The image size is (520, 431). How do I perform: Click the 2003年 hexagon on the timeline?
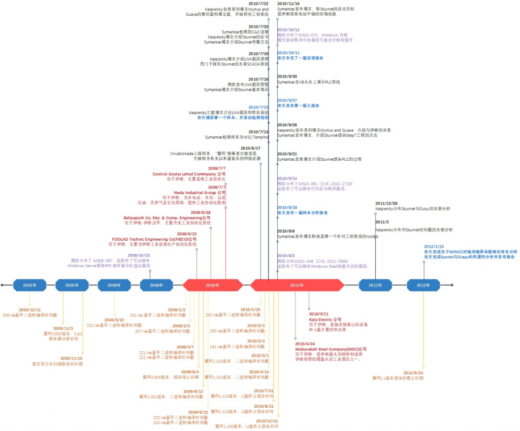point(29,285)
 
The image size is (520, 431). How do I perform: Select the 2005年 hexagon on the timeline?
point(72,285)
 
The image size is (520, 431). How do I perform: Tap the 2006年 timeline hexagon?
point(114,285)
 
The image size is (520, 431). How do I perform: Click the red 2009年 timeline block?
point(212,285)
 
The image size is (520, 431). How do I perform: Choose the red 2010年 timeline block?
point(297,285)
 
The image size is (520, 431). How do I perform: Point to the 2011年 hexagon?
point(375,285)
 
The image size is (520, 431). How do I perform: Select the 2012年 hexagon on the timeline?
point(423,285)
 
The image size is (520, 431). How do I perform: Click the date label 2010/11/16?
point(288,4)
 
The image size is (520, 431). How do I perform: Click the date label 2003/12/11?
point(29,310)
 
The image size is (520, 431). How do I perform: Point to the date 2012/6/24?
point(413,372)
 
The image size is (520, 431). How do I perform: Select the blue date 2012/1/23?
point(434,246)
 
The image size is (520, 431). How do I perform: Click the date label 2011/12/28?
point(386,203)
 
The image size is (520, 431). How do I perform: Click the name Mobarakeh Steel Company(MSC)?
point(331,349)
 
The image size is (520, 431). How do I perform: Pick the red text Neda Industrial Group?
point(200,193)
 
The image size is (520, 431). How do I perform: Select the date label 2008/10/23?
point(139,255)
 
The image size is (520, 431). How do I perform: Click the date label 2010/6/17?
point(250,148)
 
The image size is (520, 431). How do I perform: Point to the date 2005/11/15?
point(72,358)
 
